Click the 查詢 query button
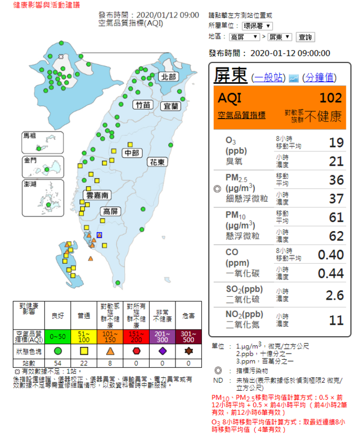click(305, 37)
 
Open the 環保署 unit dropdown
click(258, 26)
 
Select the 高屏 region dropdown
click(244, 37)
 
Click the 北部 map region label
click(168, 76)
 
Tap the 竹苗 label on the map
click(143, 105)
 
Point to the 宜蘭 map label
click(170, 106)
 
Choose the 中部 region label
click(132, 153)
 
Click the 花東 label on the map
click(157, 162)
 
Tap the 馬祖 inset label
click(29, 135)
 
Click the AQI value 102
click(330, 98)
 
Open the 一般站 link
click(268, 78)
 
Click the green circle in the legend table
click(58, 351)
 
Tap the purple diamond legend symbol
click(162, 351)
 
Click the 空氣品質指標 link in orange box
click(242, 115)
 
